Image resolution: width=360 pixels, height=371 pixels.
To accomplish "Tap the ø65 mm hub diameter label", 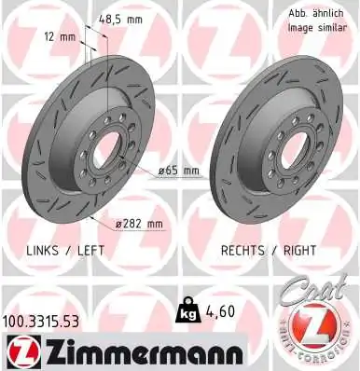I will click(176, 171).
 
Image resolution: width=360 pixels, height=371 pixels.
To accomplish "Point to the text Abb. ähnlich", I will click(314, 13).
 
